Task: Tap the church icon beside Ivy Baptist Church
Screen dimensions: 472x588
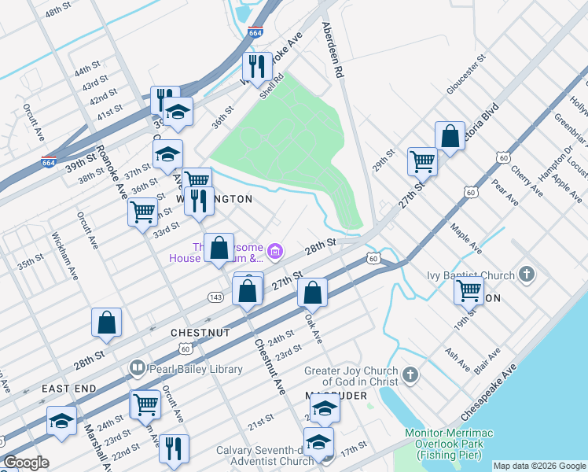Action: coord(527,275)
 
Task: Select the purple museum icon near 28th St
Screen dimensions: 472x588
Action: coord(274,252)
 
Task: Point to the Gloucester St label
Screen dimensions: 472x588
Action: coord(467,75)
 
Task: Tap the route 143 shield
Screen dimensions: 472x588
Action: coord(215,297)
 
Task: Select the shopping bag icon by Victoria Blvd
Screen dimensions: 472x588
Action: coord(450,135)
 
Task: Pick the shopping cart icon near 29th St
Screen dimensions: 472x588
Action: coord(422,161)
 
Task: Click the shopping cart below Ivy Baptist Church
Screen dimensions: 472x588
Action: coord(469,289)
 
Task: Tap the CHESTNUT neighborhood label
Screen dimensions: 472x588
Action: coord(199,333)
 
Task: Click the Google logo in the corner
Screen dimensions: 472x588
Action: coord(27,463)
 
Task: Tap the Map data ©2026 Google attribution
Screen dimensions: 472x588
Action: coord(539,466)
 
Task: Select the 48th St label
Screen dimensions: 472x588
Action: coord(58,13)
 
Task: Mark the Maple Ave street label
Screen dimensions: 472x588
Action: coord(465,238)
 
